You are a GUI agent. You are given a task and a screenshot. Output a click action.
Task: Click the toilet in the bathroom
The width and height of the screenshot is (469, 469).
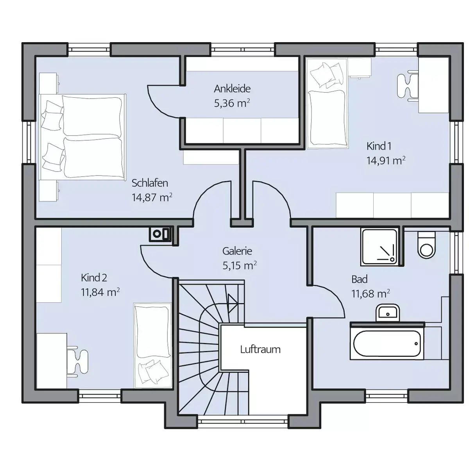tap(426, 244)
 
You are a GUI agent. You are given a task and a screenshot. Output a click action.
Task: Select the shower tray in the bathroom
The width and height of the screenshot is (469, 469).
tap(379, 247)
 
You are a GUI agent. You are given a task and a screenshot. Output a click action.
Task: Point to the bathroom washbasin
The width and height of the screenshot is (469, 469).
tap(388, 313)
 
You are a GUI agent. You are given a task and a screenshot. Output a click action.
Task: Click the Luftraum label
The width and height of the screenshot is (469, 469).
tap(260, 349)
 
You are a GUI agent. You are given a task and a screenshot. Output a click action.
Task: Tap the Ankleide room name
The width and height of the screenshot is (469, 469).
tap(232, 89)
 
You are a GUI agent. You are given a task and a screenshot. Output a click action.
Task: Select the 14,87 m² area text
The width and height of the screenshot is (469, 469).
tap(152, 197)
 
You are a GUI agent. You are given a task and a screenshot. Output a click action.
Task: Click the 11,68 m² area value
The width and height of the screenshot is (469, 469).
tap(371, 294)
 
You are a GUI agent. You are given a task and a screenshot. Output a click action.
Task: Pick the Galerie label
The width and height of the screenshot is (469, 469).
tap(237, 251)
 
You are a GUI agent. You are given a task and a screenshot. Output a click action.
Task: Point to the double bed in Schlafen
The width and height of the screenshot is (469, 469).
tap(82, 137)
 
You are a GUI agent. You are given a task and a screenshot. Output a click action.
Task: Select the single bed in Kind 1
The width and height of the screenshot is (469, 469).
tap(327, 103)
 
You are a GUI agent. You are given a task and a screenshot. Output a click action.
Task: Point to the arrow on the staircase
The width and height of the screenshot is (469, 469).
tap(233, 303)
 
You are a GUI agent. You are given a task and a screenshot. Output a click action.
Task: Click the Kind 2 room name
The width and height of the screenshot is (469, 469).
tap(94, 278)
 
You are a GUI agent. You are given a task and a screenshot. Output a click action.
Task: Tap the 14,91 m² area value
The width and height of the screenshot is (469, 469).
tap(386, 161)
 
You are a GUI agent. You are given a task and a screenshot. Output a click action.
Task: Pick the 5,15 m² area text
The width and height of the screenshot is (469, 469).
tap(240, 265)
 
